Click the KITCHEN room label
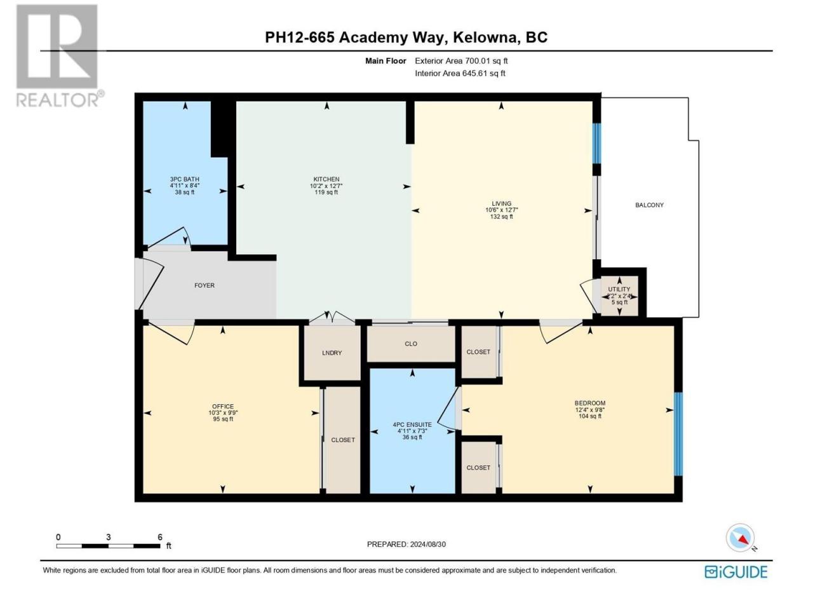pyautogui.click(x=326, y=179)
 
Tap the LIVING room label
pyautogui.click(x=501, y=203)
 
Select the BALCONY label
pyautogui.click(x=649, y=205)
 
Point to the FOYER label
pyautogui.click(x=205, y=285)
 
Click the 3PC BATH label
pyautogui.click(x=184, y=179)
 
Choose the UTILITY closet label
pyautogui.click(x=619, y=289)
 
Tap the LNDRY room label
pyautogui.click(x=332, y=353)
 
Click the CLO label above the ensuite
pyautogui.click(x=411, y=344)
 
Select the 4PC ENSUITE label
pyautogui.click(x=412, y=425)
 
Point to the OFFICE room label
pyautogui.click(x=223, y=406)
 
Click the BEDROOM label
pyautogui.click(x=590, y=403)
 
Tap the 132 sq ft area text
pyautogui.click(x=502, y=217)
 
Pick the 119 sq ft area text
pyautogui.click(x=326, y=193)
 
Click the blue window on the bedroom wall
pyautogui.click(x=678, y=434)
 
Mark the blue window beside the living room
pyautogui.click(x=596, y=144)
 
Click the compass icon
pyautogui.click(x=740, y=538)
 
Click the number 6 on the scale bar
pyautogui.click(x=160, y=537)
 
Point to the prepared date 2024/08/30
pyautogui.click(x=428, y=544)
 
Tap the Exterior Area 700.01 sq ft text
pyautogui.click(x=461, y=61)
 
